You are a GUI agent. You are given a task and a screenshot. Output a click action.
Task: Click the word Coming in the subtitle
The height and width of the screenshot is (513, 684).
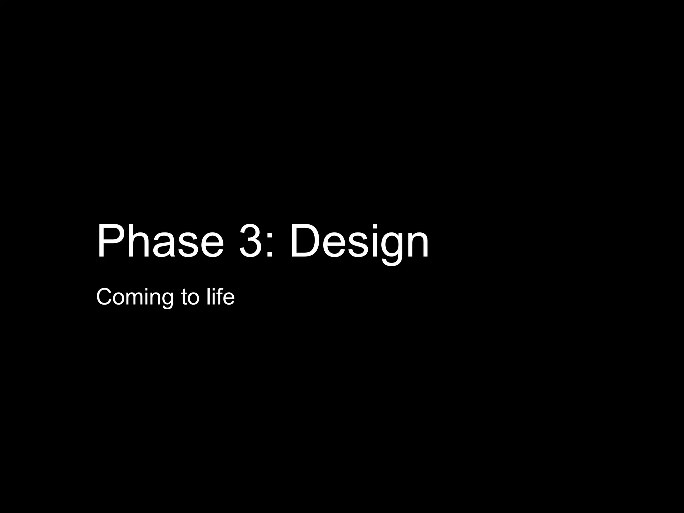click(x=135, y=297)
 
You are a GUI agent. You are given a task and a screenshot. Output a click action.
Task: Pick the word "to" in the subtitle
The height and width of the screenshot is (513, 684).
click(x=190, y=297)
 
